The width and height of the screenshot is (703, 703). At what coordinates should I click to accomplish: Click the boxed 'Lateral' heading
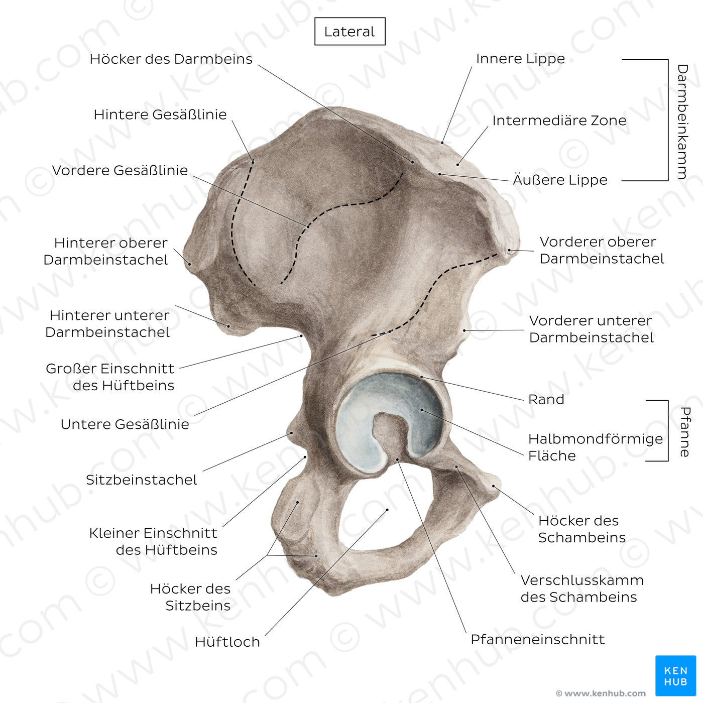point(349,32)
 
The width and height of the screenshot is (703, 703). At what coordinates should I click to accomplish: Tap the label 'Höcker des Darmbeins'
point(171,59)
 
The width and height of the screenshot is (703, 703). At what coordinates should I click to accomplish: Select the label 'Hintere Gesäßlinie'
point(160,114)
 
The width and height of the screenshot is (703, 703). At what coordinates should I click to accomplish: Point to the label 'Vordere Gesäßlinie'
point(120,170)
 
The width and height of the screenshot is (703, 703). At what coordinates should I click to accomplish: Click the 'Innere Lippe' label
point(520,59)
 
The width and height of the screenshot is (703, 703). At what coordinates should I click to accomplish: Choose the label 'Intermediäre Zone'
point(559,121)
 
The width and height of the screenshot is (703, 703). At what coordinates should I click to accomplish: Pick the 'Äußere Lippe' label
point(560,180)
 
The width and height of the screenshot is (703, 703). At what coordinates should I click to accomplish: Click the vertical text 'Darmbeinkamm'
point(682,121)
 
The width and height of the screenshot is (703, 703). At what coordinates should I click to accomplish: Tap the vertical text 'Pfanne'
point(684,431)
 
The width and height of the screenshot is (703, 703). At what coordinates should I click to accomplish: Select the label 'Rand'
point(546,399)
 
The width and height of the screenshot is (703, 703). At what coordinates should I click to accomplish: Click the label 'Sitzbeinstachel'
point(141,480)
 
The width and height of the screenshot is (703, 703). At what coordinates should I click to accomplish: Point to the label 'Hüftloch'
point(227,642)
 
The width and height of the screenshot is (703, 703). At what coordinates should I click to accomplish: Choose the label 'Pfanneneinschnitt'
point(537,639)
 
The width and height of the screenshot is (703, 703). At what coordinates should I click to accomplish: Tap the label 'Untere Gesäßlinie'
point(125,424)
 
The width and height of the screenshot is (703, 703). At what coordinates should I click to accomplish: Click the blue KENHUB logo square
point(675,675)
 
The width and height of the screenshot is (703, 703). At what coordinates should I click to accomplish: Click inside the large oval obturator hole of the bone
point(387,522)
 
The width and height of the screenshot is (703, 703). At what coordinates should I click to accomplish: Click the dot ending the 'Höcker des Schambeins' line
point(494,486)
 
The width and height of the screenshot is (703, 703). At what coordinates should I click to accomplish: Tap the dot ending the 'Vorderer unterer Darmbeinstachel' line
point(464,330)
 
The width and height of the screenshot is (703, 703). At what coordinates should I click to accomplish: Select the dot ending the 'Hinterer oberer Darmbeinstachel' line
point(190,263)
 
